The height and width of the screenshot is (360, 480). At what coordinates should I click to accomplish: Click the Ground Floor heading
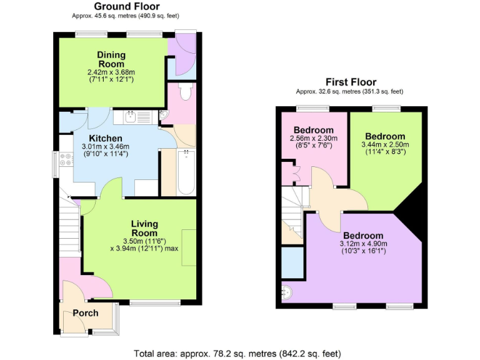(126, 7)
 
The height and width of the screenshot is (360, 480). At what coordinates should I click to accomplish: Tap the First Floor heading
(351, 82)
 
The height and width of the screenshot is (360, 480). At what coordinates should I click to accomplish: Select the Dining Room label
(111, 59)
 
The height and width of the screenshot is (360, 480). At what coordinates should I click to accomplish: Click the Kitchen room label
(105, 138)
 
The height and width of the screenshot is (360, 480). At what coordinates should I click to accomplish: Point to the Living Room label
(144, 229)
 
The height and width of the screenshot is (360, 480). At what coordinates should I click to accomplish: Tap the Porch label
(86, 312)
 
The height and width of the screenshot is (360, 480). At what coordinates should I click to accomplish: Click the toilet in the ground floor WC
(184, 92)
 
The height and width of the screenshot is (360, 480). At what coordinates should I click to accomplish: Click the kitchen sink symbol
(131, 116)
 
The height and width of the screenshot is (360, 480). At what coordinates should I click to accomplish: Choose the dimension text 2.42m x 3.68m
(111, 72)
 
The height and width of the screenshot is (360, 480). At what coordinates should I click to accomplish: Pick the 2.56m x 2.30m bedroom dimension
(314, 138)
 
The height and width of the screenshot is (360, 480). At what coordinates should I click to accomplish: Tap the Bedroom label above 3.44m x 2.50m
(385, 136)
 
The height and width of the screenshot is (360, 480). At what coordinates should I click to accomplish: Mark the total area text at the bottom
(239, 353)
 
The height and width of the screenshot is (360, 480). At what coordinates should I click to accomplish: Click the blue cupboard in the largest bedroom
(292, 262)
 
